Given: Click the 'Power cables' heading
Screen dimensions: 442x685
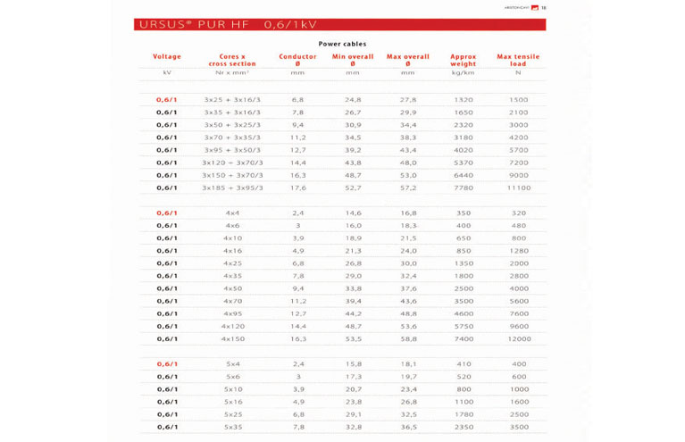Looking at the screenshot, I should pos(342,43).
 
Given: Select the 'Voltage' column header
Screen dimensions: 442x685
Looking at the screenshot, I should pos(167,56).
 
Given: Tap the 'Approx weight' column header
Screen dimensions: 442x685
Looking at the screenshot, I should pos(463,60).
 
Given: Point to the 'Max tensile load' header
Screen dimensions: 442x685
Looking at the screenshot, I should pos(518,60).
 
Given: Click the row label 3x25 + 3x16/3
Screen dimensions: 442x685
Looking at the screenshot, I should pos(232,100).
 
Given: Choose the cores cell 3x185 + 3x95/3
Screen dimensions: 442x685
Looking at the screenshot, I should pos(232,188).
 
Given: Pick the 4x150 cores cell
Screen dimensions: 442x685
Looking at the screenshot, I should pos(232,338).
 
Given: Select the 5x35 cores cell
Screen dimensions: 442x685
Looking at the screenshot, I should pos(232,427).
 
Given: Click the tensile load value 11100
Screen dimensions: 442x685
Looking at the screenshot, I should pos(518,188).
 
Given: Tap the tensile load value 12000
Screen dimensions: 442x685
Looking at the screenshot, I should pos(518,338).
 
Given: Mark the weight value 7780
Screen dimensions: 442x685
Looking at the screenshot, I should pos(463,188).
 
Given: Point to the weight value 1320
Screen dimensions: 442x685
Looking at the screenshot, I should pos(463,100).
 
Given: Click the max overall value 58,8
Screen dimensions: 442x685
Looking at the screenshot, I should pos(408,338).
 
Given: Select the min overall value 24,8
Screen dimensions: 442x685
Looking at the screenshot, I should pos(353,100).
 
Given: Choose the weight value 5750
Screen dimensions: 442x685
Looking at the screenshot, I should pos(463,326).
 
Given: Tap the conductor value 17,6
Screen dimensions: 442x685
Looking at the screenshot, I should pos(297,188).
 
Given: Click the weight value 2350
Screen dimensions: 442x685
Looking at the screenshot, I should pos(463,427).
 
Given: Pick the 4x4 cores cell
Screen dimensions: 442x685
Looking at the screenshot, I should pos(232,213).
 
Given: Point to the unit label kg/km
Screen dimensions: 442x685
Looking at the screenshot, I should pos(463,72).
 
